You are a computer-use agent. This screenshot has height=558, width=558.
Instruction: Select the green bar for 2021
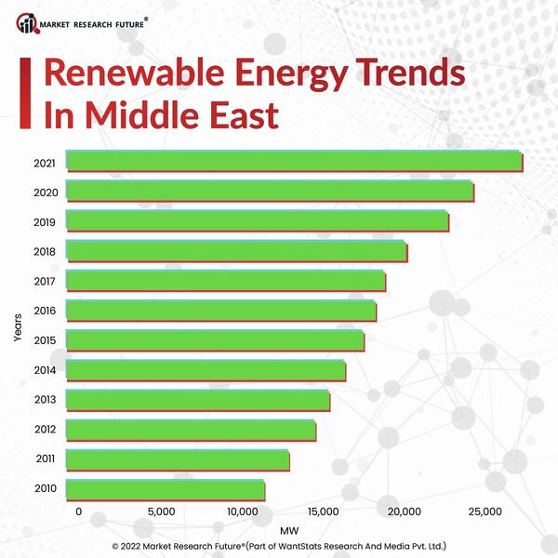295,161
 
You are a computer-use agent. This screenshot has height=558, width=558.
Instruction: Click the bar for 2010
166,489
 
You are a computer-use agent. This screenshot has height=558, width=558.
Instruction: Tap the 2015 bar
216,340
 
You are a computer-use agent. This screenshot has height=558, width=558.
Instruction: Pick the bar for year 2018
237,251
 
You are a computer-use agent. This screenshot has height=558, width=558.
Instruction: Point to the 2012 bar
192,430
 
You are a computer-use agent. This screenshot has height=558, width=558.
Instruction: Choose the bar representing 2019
258,221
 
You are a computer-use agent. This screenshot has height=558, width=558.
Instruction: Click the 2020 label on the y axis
45,193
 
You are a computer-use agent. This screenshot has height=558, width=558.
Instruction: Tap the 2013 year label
45,400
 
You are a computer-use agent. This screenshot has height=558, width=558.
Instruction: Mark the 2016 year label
45,311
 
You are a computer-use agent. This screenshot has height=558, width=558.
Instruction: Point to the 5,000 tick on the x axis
161,512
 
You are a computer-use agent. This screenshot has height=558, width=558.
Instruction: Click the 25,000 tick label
485,512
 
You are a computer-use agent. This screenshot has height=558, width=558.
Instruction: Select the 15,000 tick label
323,512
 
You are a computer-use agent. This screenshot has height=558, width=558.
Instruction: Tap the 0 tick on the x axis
78,512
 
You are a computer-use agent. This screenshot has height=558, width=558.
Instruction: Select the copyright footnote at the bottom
279,546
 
